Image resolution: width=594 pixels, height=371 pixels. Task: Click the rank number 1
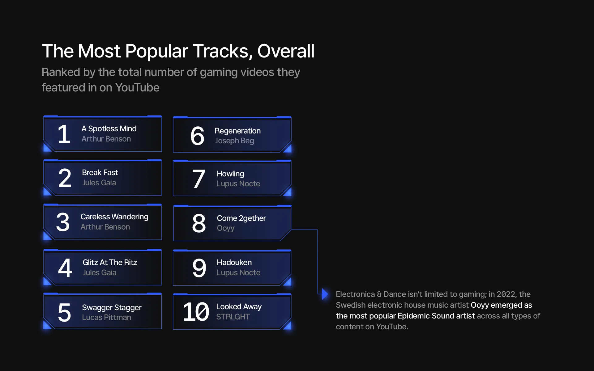(64, 134)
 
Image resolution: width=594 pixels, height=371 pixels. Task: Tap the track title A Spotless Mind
(109, 129)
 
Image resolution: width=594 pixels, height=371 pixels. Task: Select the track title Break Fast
(100, 172)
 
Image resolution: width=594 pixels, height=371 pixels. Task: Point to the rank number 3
(63, 222)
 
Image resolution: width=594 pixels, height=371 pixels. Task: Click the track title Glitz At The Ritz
(110, 262)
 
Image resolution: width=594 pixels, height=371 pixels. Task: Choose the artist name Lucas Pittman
(106, 317)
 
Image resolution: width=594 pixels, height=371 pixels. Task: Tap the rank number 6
(197, 136)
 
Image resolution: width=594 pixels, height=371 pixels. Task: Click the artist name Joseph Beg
(234, 141)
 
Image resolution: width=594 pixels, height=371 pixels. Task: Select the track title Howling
(230, 174)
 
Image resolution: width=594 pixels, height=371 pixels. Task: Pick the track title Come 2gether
(241, 218)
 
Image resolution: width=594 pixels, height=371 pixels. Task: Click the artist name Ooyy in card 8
(226, 228)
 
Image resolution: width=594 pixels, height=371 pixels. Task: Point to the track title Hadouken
(234, 262)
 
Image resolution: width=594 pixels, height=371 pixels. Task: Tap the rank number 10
(196, 312)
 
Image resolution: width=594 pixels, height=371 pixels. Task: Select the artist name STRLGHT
(233, 317)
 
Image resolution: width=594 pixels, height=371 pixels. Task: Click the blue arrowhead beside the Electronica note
(325, 294)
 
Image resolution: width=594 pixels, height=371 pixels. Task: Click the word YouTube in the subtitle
(137, 88)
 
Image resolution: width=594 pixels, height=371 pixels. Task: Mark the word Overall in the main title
(286, 51)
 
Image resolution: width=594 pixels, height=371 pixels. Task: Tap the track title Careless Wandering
(114, 217)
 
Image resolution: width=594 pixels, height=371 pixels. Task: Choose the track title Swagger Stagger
(112, 308)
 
